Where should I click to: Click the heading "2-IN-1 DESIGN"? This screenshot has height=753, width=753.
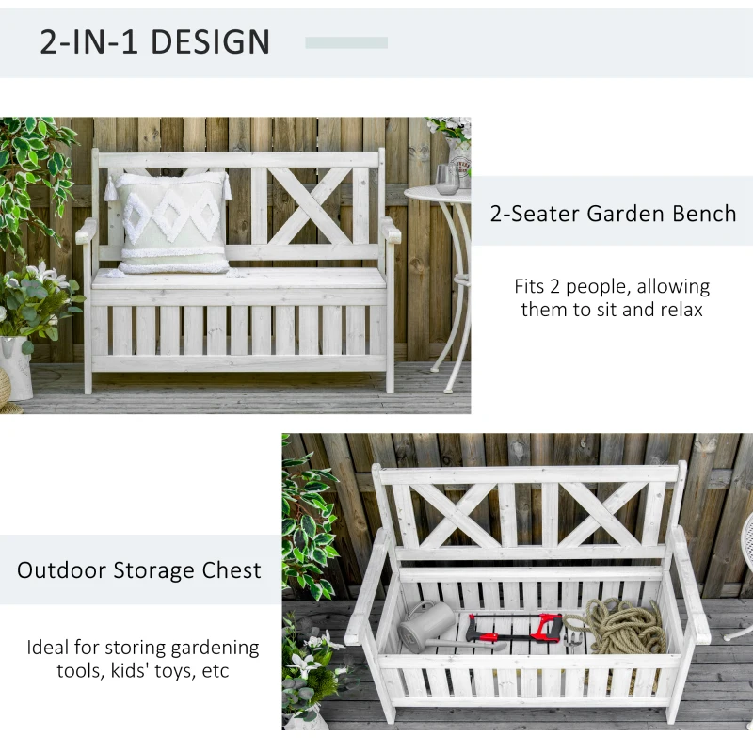(x=154, y=42)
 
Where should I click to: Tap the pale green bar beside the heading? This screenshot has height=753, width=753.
(x=346, y=42)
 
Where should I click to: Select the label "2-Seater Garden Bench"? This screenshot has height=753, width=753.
(x=613, y=213)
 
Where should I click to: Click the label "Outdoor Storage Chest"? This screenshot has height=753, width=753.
(x=139, y=569)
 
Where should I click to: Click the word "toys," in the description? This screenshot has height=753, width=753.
(x=160, y=671)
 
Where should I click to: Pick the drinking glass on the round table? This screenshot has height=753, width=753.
(x=446, y=179)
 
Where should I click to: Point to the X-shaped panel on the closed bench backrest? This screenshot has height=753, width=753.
(x=307, y=205)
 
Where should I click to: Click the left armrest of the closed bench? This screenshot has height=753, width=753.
(x=87, y=230)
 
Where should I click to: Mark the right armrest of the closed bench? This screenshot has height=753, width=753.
(x=390, y=230)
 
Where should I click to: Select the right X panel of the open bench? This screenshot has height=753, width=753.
(x=602, y=514)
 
